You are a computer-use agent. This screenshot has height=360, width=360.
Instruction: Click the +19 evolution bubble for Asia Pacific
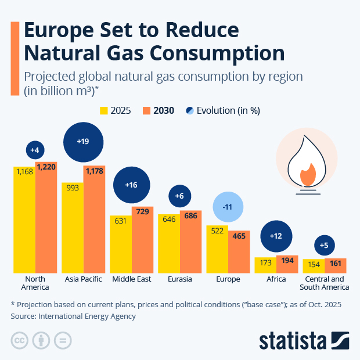click(83, 142)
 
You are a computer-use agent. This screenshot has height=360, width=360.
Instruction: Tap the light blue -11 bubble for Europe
click(228, 207)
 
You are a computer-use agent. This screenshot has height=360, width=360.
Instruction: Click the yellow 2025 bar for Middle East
click(120, 244)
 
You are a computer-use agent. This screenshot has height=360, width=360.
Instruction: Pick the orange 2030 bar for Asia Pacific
click(94, 226)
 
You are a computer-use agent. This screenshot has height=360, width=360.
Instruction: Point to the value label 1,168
click(24, 172)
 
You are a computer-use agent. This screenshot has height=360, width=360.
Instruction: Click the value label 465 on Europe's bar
click(239, 236)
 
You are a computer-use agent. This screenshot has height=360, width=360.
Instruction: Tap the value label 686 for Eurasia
click(190, 216)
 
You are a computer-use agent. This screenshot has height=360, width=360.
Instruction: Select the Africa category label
click(276, 279)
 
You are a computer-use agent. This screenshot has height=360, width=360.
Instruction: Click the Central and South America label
click(324, 283)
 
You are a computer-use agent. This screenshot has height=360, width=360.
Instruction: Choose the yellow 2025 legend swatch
click(105, 110)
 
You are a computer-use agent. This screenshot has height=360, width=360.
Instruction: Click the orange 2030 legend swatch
click(147, 110)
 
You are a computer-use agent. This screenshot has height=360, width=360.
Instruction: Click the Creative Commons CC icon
click(20, 340)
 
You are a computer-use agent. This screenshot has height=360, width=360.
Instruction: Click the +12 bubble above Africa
click(276, 236)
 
